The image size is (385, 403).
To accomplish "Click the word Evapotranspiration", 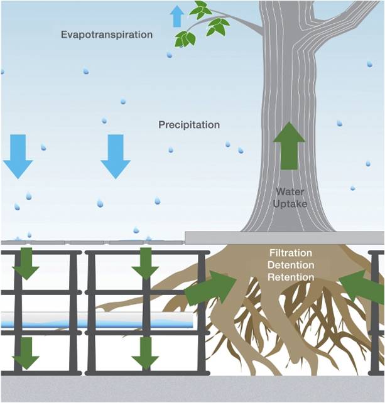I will pos(106,35).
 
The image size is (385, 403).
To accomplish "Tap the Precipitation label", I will pos(189,124).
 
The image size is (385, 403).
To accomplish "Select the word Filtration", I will pos(290,252).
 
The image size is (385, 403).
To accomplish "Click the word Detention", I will pos(290,264).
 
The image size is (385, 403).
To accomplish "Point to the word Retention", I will pos(290,276).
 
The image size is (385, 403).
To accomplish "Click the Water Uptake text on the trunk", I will pos(290,197).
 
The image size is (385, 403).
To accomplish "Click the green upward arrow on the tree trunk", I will pos(290,146).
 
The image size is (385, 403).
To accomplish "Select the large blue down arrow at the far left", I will pos(18,156).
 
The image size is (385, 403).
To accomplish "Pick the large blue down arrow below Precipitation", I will pos(116,156).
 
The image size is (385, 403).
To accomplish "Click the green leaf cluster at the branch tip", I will pos(201,25).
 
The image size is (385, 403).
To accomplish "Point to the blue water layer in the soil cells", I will pos(94,323).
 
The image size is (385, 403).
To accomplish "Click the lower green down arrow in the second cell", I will pos(145,353).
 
